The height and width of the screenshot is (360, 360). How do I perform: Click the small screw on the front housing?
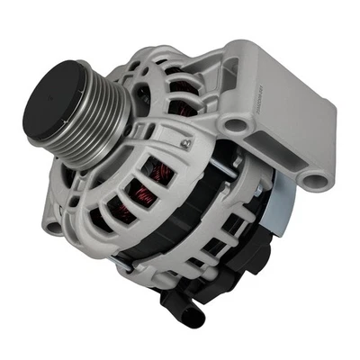[x=184, y=143]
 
